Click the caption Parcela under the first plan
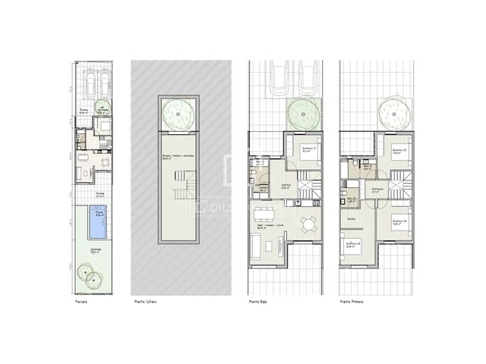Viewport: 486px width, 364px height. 81,303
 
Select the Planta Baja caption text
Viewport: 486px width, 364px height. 259,303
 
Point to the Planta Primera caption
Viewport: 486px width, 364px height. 352,303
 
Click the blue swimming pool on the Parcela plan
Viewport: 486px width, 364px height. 96,223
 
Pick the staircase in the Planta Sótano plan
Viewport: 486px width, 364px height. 183,186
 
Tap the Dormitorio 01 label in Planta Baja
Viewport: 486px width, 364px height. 308,148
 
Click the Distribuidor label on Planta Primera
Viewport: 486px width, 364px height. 375,190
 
